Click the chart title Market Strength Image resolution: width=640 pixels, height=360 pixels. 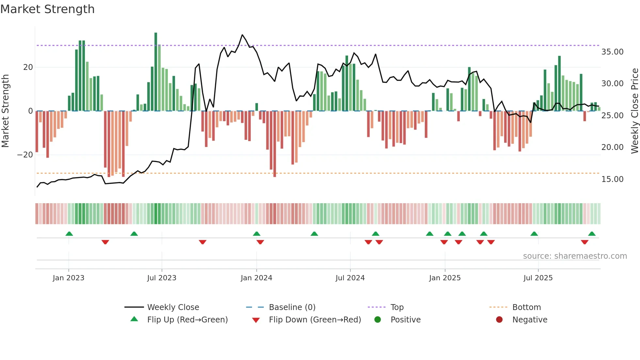tap(47, 9)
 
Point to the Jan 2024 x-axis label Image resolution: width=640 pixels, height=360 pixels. tap(256, 278)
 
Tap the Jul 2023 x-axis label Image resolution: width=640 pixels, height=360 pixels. tap(162, 278)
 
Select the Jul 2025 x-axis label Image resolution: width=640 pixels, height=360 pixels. tap(538, 278)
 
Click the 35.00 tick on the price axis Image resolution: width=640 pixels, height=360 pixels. tap(612, 52)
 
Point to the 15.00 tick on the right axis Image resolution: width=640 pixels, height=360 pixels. tap(612, 179)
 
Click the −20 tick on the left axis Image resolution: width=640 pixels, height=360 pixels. tap(25, 155)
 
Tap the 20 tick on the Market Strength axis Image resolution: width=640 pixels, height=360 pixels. tap(28, 67)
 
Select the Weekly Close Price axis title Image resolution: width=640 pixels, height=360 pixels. tap(634, 111)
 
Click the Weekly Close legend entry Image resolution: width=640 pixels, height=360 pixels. tap(173, 307)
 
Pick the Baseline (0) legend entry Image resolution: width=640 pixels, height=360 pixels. tap(292, 307)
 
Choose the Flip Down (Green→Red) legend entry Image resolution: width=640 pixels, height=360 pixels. tap(315, 320)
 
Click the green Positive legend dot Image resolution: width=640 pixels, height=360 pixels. tap(378, 320)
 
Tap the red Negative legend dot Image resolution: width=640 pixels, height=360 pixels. tap(499, 320)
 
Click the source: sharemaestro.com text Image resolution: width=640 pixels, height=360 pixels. tap(575, 256)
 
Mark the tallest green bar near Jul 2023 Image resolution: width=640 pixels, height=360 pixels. tap(156, 72)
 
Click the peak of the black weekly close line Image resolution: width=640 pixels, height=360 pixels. tap(242, 35)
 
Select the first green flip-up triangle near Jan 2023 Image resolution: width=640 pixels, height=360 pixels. tap(69, 234)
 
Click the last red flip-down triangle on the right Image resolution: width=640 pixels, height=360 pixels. tap(584, 242)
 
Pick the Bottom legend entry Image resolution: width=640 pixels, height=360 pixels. tap(526, 307)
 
